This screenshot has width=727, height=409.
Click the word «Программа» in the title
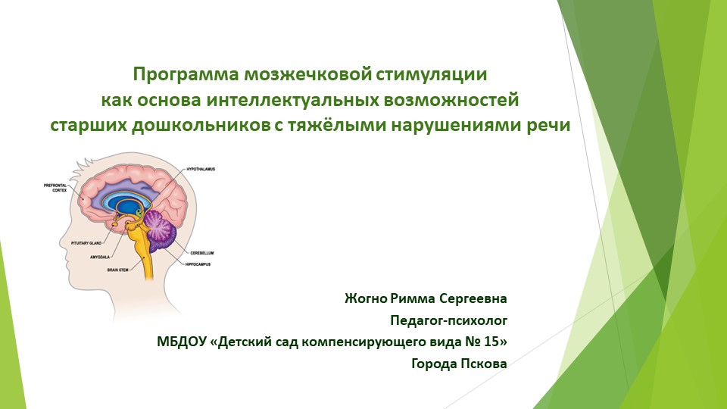pos(186,75)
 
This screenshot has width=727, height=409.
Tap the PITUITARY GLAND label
pos(86,243)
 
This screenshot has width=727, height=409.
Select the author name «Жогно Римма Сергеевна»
pos(426,297)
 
